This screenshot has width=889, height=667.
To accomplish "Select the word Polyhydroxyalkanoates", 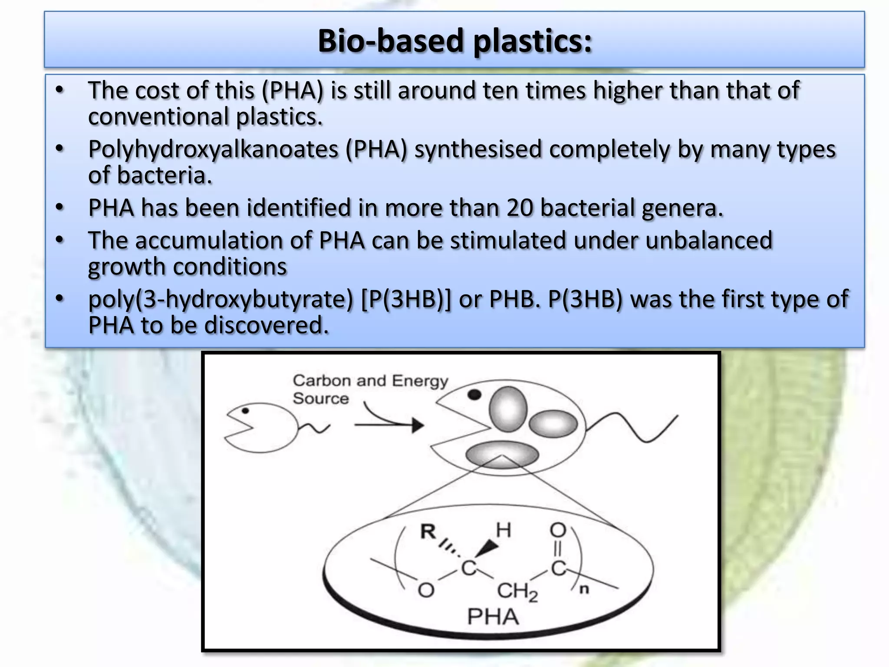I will click(x=213, y=149).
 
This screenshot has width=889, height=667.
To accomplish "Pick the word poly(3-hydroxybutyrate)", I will click(x=221, y=299).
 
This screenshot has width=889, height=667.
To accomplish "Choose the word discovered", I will click(x=267, y=325).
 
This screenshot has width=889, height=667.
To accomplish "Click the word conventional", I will click(x=158, y=117).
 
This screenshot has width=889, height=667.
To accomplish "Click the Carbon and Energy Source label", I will click(x=370, y=389).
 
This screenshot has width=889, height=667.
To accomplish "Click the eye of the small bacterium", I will click(x=245, y=410).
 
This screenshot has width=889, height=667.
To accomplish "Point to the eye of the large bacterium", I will click(x=474, y=394).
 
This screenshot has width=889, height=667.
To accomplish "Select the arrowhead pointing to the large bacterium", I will click(x=417, y=425).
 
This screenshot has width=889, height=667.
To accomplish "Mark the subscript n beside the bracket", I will click(x=584, y=589).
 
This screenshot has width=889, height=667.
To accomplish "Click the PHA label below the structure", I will click(x=493, y=617).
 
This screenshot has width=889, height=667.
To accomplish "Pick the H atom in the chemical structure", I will click(x=504, y=530).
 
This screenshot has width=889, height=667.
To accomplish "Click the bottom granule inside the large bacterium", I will click(x=502, y=455).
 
